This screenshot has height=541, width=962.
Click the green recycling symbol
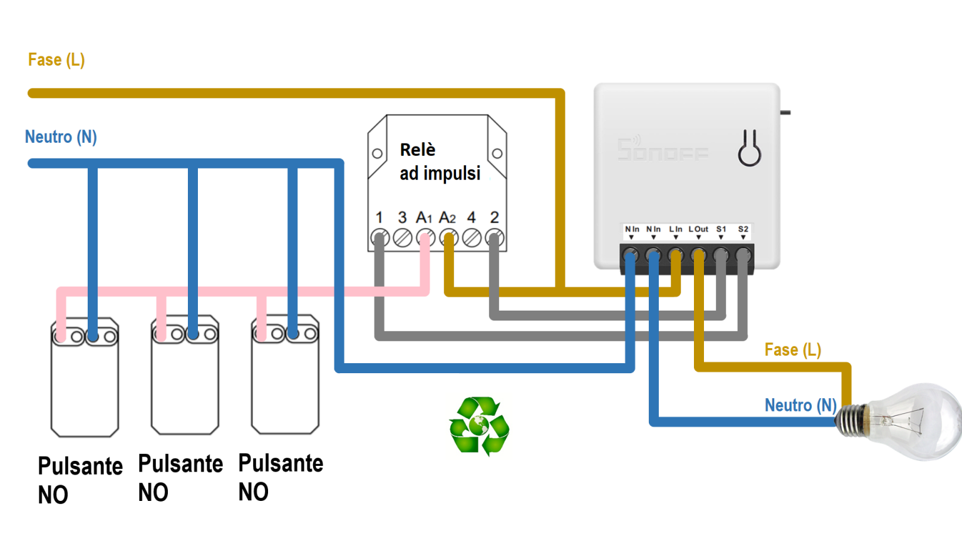[x=479, y=426]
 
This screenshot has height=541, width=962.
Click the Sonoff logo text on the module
[x=663, y=150]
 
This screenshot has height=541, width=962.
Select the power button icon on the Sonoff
[x=749, y=148]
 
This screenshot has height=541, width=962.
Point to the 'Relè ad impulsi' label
[x=440, y=161]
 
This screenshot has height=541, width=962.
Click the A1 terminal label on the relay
[x=424, y=217]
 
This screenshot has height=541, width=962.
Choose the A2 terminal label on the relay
[x=447, y=217]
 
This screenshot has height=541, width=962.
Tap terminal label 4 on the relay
[x=472, y=217]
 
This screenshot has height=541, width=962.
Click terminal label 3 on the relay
[x=402, y=217]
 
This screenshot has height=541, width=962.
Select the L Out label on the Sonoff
[x=698, y=229]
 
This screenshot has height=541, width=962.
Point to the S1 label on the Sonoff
[x=721, y=229]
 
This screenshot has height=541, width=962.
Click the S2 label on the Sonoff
[x=743, y=229]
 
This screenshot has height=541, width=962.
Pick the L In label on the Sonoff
[x=676, y=229]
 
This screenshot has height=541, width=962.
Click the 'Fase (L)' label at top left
[x=56, y=60]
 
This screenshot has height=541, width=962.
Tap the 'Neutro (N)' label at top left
[x=61, y=137]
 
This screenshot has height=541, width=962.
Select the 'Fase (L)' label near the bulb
[x=792, y=350]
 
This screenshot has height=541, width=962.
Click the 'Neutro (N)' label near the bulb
[x=800, y=406]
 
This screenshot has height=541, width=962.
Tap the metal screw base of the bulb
[x=852, y=420]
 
